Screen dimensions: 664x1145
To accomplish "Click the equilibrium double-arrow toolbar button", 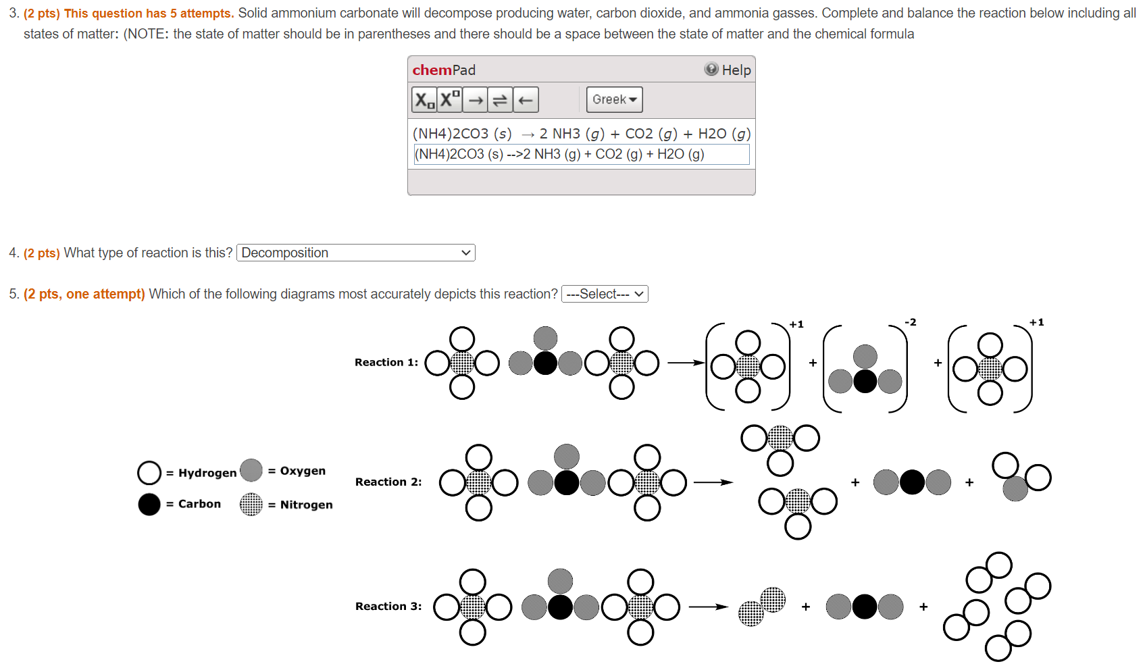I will [500, 100].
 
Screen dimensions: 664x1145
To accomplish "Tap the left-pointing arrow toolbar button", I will [526, 100].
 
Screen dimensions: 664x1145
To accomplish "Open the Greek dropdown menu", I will [614, 100].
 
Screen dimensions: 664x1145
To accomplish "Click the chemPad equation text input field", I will [581, 155].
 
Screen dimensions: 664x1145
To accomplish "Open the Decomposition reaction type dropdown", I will [356, 253].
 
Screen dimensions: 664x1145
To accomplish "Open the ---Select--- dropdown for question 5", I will [605, 294].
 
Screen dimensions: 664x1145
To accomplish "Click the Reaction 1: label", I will [386, 363].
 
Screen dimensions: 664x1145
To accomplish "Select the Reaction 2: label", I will [388, 482].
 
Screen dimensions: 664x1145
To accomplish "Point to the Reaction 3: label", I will [388, 607].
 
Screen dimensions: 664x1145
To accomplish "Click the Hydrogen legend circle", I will [149, 473].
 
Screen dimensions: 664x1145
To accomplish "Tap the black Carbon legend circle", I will [149, 504].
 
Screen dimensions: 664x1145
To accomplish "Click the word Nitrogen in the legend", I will [306, 505].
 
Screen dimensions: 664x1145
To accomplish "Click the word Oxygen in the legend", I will [303, 471].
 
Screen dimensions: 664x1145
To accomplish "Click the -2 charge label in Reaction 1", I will [911, 322].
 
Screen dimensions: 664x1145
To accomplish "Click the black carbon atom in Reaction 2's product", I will [912, 482].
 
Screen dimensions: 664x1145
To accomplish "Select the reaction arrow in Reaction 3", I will [708, 607].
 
